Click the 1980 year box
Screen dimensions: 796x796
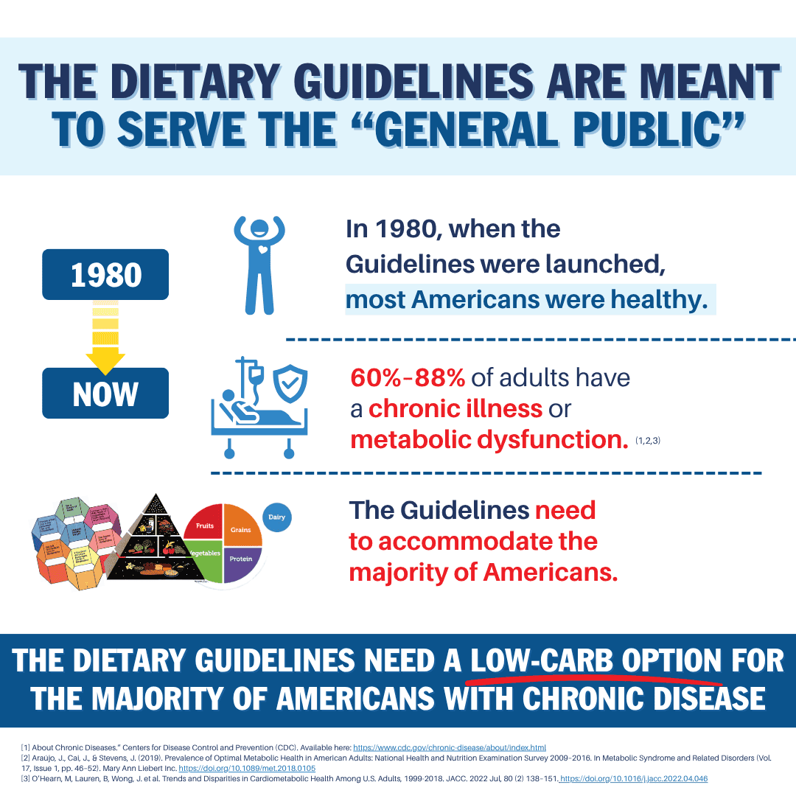105,274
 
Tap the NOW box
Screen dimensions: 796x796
105,394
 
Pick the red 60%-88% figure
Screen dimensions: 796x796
408,377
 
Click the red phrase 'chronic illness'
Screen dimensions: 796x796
455,408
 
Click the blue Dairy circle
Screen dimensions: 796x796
277,517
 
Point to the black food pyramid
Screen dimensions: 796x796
156,542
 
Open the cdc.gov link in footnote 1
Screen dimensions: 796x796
450,747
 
